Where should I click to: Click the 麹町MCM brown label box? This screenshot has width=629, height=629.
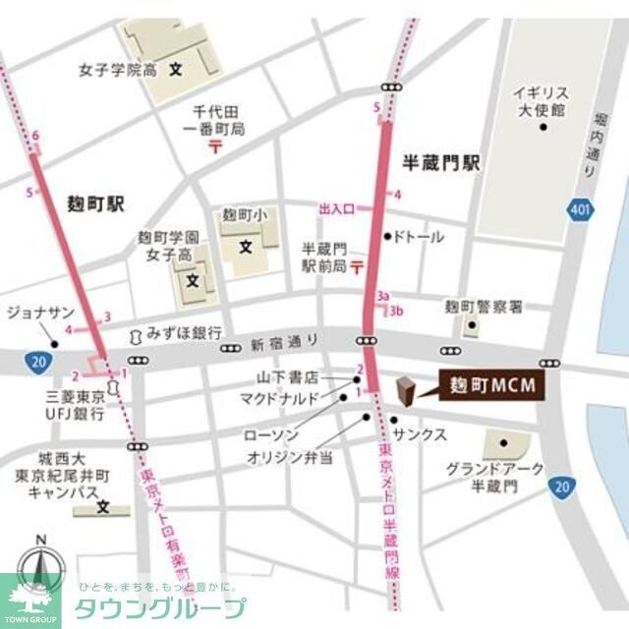[486, 385]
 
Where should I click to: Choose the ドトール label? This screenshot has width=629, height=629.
[420, 237]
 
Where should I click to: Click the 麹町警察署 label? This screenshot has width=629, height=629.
[484, 308]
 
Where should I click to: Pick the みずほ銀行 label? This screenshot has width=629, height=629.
[184, 333]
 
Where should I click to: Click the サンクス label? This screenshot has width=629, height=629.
[420, 433]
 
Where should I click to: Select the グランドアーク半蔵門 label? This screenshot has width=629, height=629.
[494, 478]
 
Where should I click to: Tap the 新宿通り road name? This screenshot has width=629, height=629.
[286, 344]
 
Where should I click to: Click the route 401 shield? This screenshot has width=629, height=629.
[579, 209]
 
